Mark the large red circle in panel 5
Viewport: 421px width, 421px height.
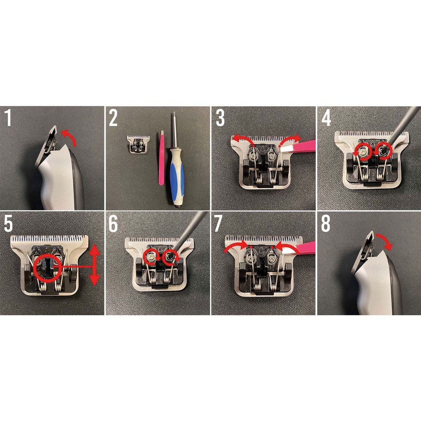(x=47, y=268)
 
